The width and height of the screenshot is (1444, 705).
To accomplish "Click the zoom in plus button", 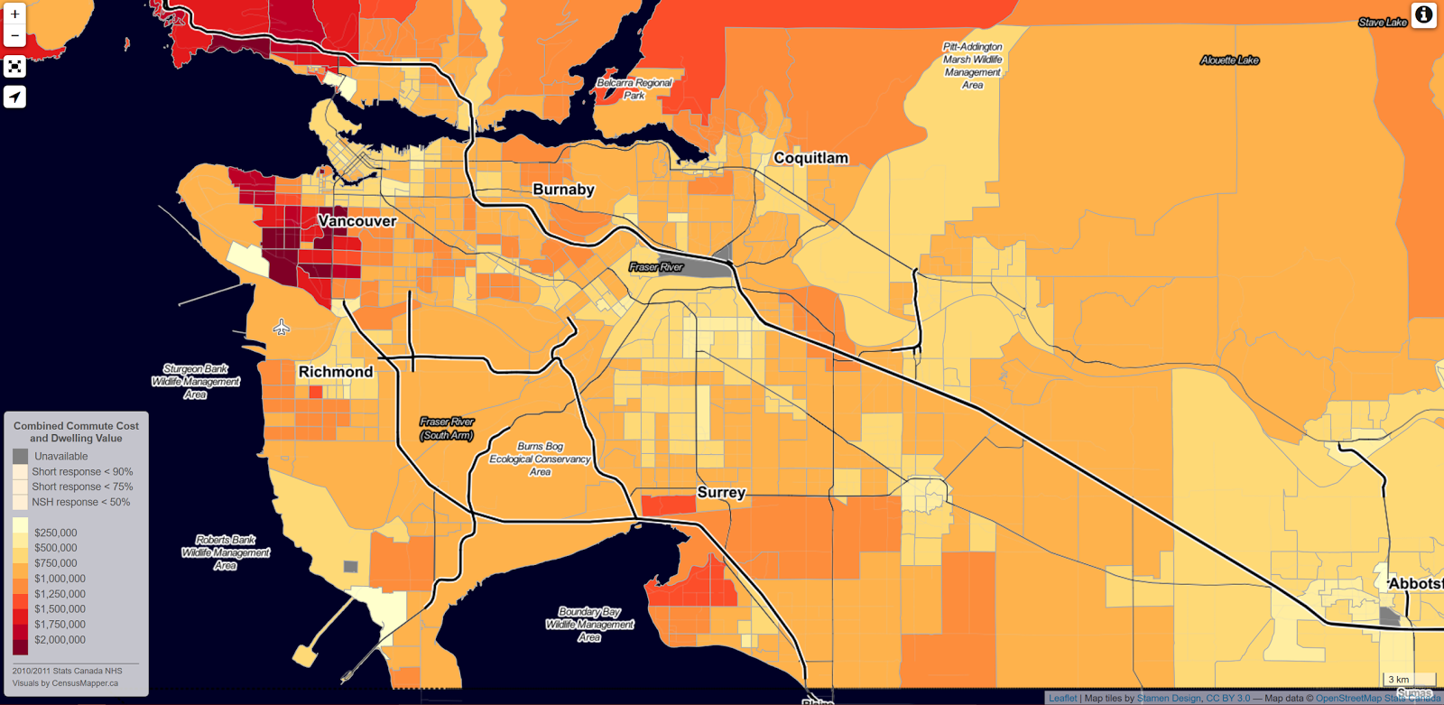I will click(x=14, y=14).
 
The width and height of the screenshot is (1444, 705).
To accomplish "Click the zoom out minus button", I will click(x=14, y=36).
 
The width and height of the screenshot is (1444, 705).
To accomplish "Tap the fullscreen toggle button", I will click(x=14, y=67).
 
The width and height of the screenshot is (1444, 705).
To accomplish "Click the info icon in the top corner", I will click(x=1423, y=15).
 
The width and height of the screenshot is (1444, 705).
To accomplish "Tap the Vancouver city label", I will click(x=357, y=221).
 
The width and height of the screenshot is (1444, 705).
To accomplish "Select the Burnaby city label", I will click(x=563, y=190).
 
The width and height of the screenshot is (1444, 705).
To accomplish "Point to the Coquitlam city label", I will click(x=810, y=158).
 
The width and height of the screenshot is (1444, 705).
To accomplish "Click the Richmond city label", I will click(x=336, y=372).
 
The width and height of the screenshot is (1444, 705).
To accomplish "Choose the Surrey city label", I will click(x=721, y=493).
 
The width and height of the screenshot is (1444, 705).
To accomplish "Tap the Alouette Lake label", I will click(x=1229, y=60).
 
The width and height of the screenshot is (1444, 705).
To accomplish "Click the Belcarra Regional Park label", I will click(x=634, y=88).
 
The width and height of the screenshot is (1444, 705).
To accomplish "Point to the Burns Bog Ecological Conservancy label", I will click(x=540, y=459).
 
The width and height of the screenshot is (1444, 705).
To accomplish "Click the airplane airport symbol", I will click(x=282, y=327).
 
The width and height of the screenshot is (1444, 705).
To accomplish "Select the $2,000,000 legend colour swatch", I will click(x=20, y=643).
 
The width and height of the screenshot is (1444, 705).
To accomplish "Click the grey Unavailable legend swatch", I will click(x=20, y=456).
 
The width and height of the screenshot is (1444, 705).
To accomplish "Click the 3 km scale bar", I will click(x=1408, y=679).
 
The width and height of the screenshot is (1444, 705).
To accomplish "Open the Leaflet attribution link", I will click(x=1062, y=699).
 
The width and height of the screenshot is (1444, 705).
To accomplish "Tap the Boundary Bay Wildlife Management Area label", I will click(x=589, y=625).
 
